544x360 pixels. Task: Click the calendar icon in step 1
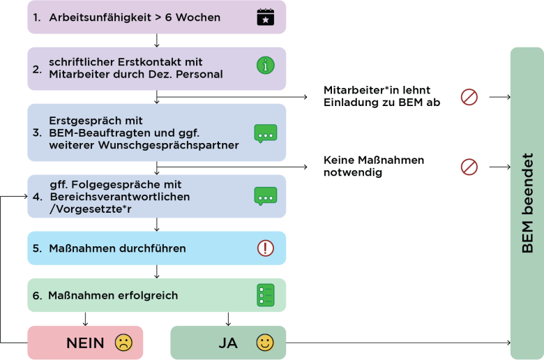pyautogui.click(x=266, y=17)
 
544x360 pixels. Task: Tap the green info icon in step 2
pyautogui.click(x=266, y=66)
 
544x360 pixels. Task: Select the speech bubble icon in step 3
pyautogui.click(x=266, y=134)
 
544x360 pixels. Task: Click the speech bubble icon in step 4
pyautogui.click(x=266, y=196)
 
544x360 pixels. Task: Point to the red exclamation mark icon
pyautogui.click(x=266, y=248)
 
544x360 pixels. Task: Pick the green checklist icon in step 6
pyautogui.click(x=266, y=295)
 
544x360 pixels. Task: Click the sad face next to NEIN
pyautogui.click(x=123, y=343)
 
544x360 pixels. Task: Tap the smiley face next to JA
pyautogui.click(x=265, y=343)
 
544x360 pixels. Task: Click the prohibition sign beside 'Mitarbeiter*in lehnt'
pyautogui.click(x=469, y=97)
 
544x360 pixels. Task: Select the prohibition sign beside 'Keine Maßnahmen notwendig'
pyautogui.click(x=469, y=167)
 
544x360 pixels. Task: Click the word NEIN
pyautogui.click(x=85, y=343)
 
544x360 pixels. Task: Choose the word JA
pyautogui.click(x=228, y=343)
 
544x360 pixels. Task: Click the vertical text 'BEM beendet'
pyautogui.click(x=527, y=203)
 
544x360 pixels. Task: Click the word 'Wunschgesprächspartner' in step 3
pyautogui.click(x=169, y=145)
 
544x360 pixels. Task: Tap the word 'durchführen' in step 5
pyautogui.click(x=151, y=248)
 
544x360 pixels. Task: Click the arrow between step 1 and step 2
pyautogui.click(x=157, y=40)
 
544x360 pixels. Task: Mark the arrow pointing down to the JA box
pyautogui.click(x=228, y=319)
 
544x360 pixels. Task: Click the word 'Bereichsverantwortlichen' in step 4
pyautogui.click(x=120, y=197)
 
